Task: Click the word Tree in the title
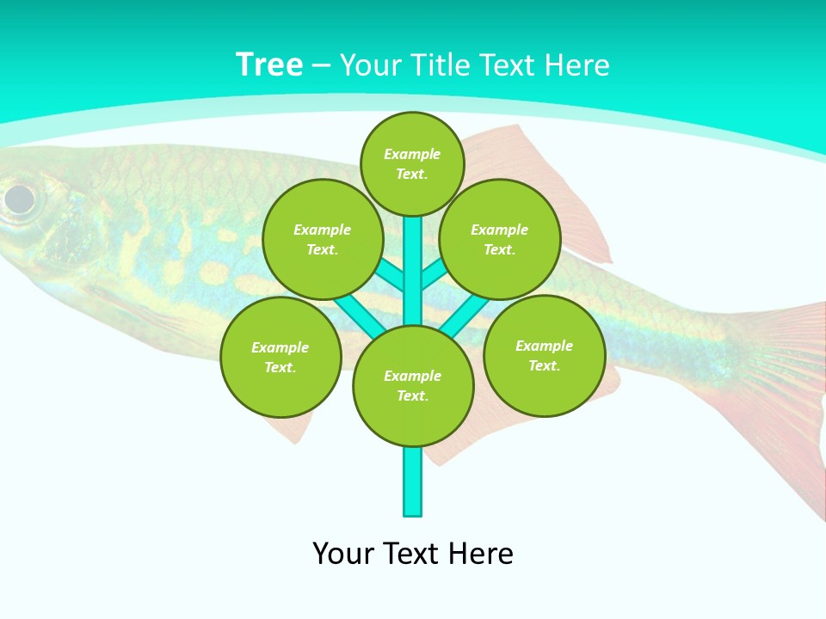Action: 269,65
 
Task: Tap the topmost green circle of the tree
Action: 412,164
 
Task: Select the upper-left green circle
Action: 322,239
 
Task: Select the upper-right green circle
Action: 500,239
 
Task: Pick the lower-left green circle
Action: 280,357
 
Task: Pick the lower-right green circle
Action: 544,355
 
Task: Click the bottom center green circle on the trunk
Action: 413,386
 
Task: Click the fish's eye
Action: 19,199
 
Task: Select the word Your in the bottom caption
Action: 342,554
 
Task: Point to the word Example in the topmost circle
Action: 412,154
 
